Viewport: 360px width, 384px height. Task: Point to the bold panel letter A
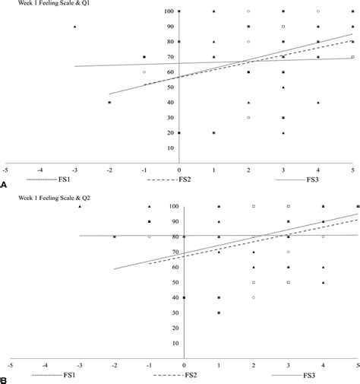5,185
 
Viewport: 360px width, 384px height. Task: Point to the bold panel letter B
5,376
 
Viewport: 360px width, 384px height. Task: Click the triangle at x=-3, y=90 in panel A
75,27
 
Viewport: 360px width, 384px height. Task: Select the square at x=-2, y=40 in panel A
109,102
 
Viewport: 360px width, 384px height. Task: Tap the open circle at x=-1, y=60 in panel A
144,72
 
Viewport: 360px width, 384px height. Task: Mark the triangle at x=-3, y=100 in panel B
80,206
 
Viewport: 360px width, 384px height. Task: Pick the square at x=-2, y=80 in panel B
115,236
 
